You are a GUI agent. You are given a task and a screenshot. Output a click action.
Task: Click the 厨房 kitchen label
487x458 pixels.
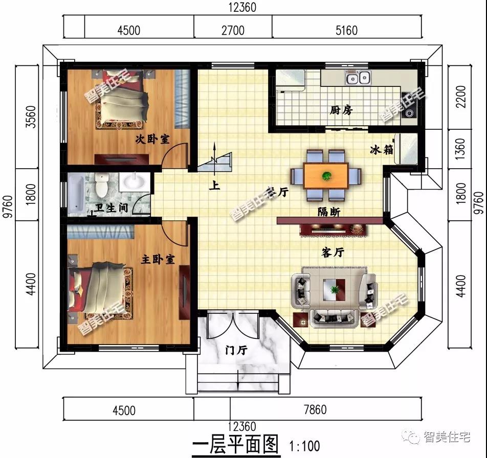click(341, 110)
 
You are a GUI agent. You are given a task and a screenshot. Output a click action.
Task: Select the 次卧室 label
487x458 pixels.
click(152, 139)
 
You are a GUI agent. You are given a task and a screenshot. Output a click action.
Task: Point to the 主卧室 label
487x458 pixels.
click(158, 260)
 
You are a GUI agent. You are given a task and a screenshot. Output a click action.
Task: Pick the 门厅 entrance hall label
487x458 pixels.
click(236, 351)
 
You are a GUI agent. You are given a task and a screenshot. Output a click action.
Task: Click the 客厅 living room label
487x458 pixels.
click(333, 253)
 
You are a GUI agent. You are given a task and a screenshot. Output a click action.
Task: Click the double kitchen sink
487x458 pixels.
click(358, 78)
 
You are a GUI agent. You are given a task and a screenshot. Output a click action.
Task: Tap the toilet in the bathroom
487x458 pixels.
click(101, 185)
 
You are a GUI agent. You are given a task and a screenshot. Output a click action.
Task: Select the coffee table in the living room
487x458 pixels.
click(334, 290)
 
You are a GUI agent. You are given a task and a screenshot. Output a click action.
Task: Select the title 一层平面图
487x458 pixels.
click(235, 444)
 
